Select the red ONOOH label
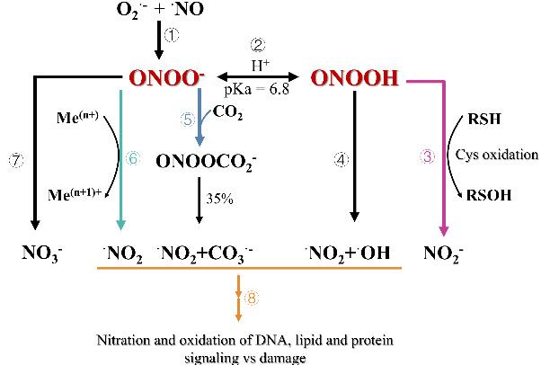click(355, 77)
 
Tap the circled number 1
click(172, 35)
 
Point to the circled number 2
click(258, 45)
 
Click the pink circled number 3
click(427, 156)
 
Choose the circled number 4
click(341, 160)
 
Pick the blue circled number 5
click(188, 120)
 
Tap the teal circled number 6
click(133, 158)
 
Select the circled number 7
click(16, 160)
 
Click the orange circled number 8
click(252, 298)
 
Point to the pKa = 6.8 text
click(257, 89)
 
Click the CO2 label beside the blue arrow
click(227, 112)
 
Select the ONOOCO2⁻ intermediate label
click(207, 162)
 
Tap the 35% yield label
click(219, 199)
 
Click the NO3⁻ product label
click(42, 254)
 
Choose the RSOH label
click(489, 195)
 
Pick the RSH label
click(484, 119)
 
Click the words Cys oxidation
click(496, 155)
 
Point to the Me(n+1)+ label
click(75, 194)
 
